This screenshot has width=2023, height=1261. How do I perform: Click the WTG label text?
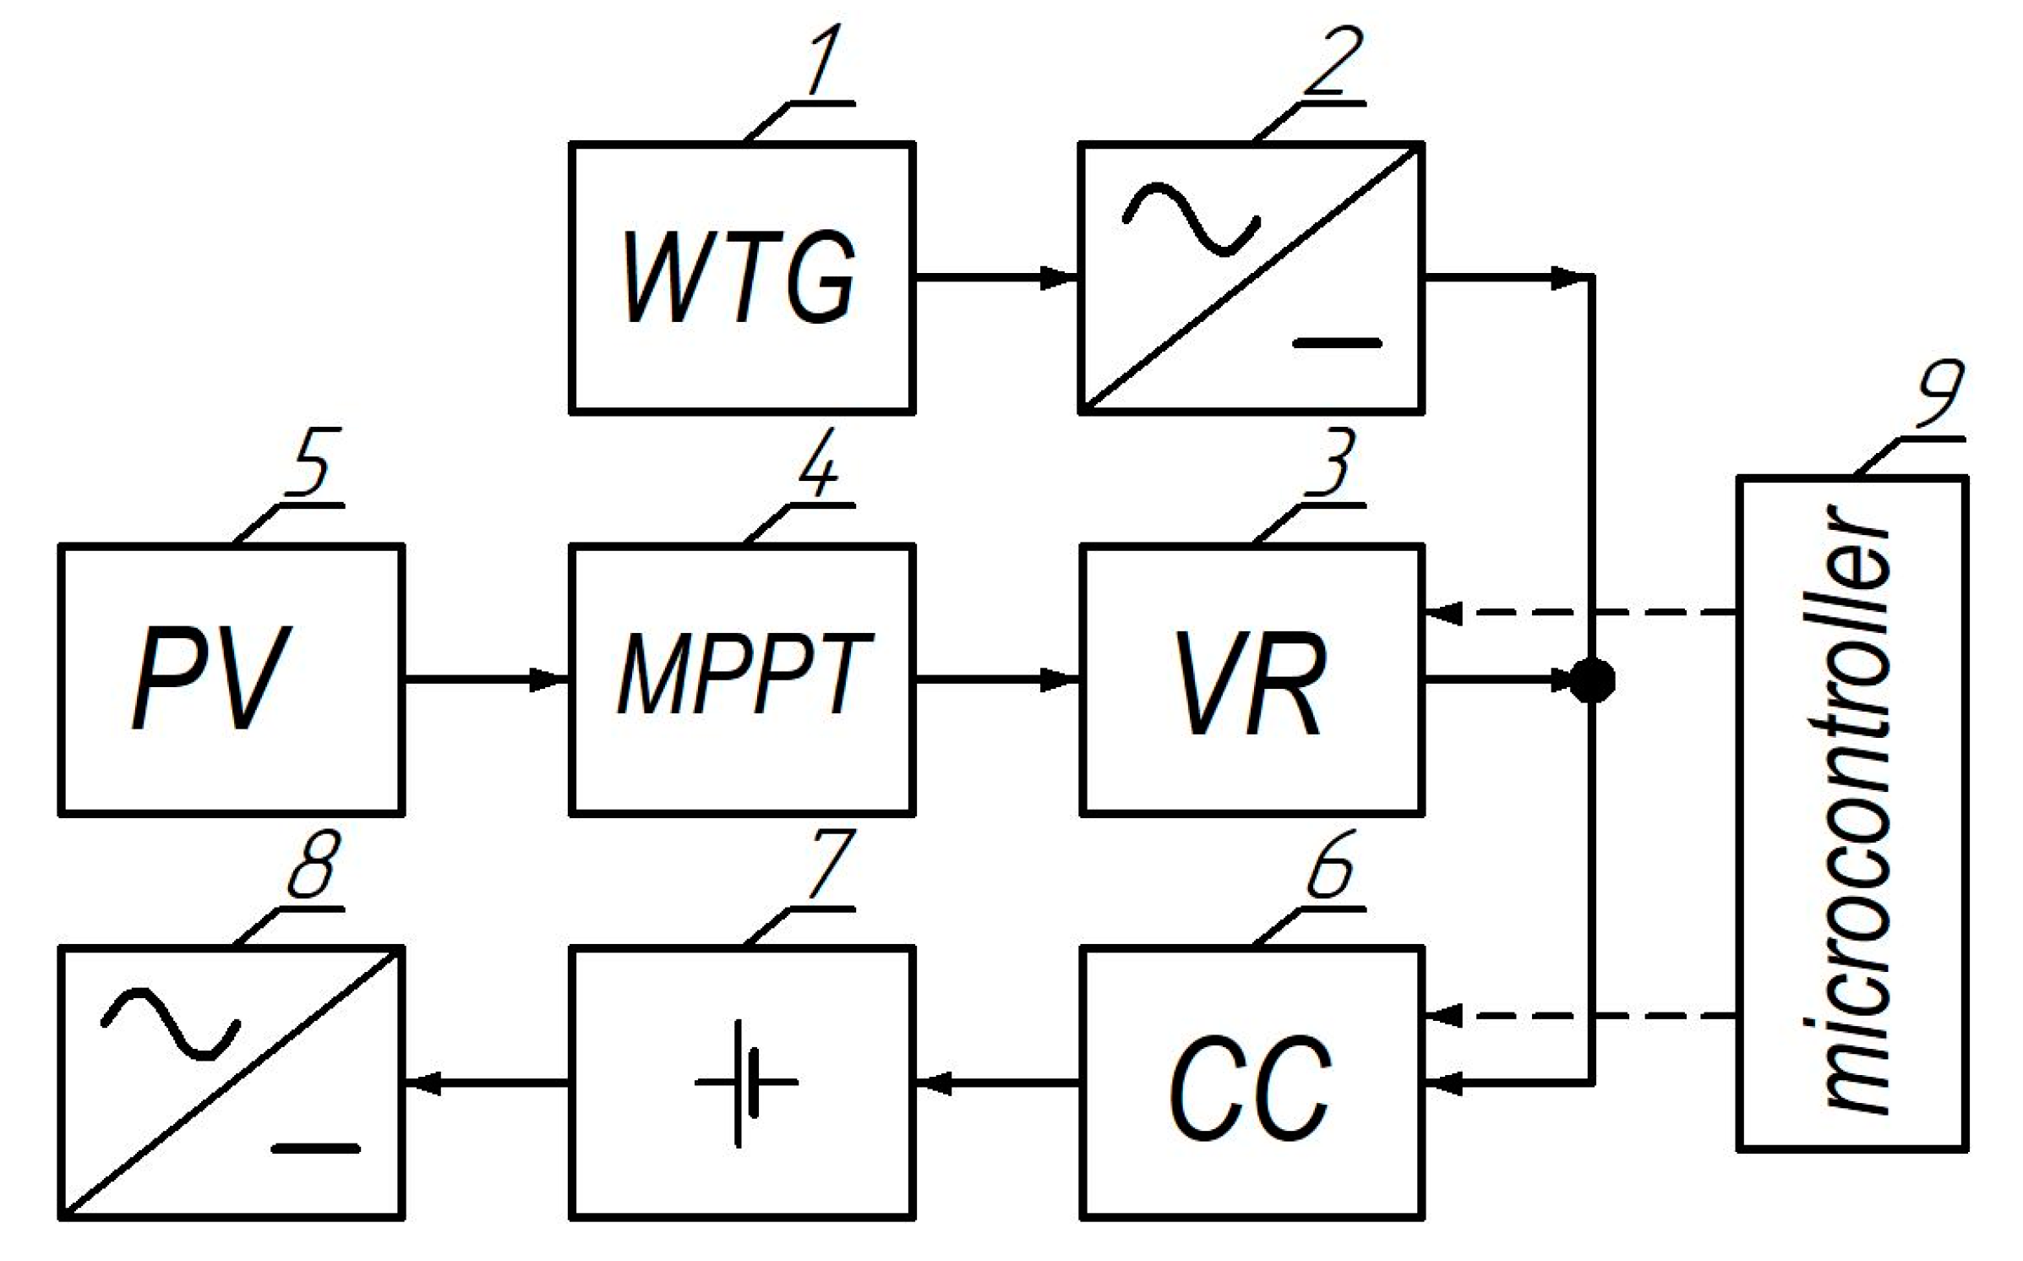click(740, 277)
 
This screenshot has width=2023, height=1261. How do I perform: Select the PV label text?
click(212, 679)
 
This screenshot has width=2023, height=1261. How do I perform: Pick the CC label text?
click(1251, 1089)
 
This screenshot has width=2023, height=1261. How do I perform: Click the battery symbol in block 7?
click(744, 1083)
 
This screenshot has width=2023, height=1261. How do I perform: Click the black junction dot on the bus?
click(1592, 680)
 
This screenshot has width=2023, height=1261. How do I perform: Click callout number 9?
click(1940, 394)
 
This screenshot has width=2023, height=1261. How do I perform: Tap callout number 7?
click(832, 863)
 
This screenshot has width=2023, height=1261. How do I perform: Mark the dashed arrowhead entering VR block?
click(1443, 613)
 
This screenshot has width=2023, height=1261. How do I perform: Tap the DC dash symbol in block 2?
click(1337, 343)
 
